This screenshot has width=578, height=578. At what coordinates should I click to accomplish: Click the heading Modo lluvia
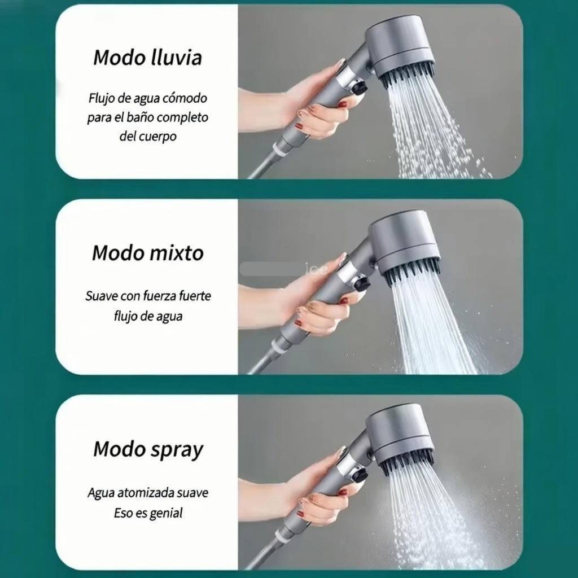click(x=147, y=58)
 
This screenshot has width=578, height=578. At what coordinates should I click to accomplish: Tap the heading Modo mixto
click(x=147, y=253)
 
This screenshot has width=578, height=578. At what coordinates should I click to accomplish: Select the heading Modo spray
click(x=148, y=449)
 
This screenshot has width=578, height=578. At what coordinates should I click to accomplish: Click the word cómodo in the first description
click(x=185, y=98)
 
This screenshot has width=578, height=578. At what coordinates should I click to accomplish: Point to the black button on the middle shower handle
click(x=361, y=284)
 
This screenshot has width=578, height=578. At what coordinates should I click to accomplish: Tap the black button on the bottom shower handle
click(x=358, y=476)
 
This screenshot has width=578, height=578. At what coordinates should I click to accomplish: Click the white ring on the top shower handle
click(x=280, y=150)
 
